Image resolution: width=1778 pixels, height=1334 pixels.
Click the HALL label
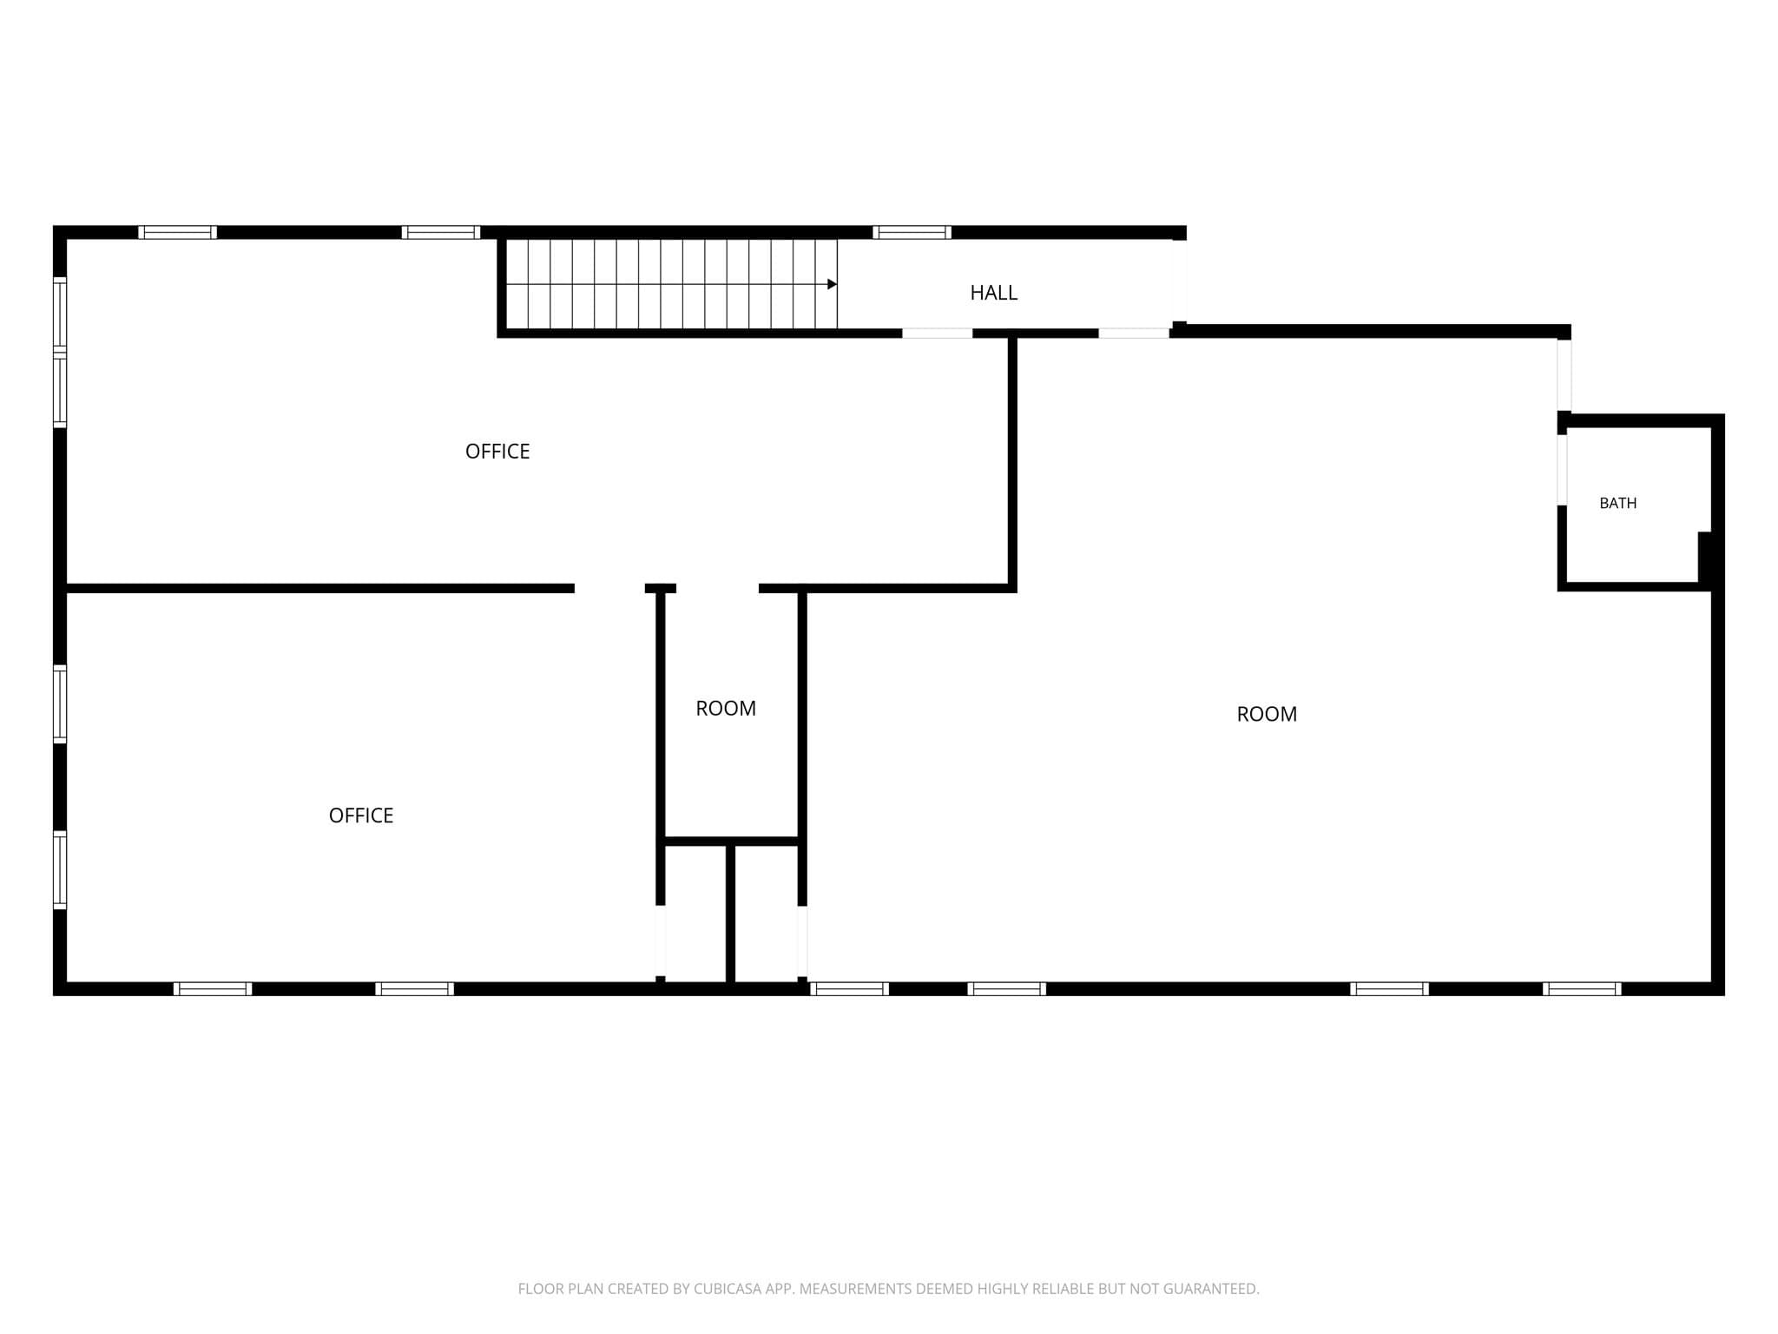[993, 293]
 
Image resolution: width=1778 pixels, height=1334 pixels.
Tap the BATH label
[1617, 503]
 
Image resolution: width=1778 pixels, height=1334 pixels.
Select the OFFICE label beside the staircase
[497, 451]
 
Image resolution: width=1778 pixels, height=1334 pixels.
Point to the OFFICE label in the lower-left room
[361, 815]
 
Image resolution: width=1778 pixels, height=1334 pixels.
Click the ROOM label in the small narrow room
[726, 708]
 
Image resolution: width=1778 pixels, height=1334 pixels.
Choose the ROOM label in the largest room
[1267, 714]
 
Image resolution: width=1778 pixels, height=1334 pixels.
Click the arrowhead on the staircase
[832, 284]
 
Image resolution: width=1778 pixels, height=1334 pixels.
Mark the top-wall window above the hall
[912, 232]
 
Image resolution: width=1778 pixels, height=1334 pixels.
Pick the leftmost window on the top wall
[177, 232]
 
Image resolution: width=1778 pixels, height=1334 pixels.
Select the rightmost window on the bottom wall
[1582, 988]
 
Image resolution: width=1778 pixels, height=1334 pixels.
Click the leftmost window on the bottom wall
[213, 988]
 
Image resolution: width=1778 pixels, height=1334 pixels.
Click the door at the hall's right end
[1179, 281]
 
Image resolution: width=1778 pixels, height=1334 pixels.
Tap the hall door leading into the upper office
[938, 333]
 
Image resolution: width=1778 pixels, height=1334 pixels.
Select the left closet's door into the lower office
[661, 941]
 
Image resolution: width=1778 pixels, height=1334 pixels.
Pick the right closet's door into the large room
[802, 942]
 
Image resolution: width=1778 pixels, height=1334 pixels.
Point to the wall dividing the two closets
[730, 913]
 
